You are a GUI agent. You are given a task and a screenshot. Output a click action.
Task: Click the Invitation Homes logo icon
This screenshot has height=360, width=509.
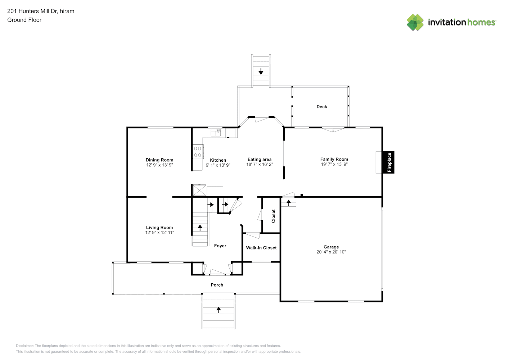415,22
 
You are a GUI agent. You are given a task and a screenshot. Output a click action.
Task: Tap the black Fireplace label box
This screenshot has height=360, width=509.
388,162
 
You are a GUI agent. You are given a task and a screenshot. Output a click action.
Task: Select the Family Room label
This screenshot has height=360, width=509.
334,159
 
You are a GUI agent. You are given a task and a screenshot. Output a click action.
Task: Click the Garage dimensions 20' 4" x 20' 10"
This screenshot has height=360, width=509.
331,252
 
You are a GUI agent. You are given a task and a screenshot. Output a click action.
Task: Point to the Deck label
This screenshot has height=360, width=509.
321,107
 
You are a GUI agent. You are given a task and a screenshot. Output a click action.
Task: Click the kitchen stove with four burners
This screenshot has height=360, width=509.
198,152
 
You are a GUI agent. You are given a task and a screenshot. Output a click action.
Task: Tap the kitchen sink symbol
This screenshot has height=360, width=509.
216,132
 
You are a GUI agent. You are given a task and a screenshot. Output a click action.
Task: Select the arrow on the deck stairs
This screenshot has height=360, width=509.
261,71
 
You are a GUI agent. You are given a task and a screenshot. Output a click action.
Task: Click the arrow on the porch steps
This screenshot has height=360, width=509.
219,310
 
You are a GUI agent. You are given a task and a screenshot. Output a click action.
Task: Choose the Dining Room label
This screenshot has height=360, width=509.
159,160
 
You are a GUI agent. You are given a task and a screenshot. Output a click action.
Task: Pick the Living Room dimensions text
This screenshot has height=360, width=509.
159,233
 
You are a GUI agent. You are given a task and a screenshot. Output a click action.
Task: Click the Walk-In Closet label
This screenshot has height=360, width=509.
261,248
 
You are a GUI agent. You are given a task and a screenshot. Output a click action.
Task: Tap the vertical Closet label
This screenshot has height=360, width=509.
273,216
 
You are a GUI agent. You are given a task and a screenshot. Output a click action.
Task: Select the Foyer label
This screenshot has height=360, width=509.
220,246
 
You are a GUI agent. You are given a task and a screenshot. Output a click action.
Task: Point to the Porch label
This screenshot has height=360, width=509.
217,285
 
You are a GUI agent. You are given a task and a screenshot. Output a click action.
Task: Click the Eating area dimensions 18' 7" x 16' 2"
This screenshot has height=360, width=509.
259,165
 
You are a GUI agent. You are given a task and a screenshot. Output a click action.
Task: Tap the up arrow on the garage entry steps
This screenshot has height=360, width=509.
288,203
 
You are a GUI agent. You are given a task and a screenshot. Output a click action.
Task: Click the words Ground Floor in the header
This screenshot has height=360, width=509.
24,20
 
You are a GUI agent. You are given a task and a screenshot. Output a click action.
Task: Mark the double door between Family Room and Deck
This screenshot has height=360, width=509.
333,129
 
